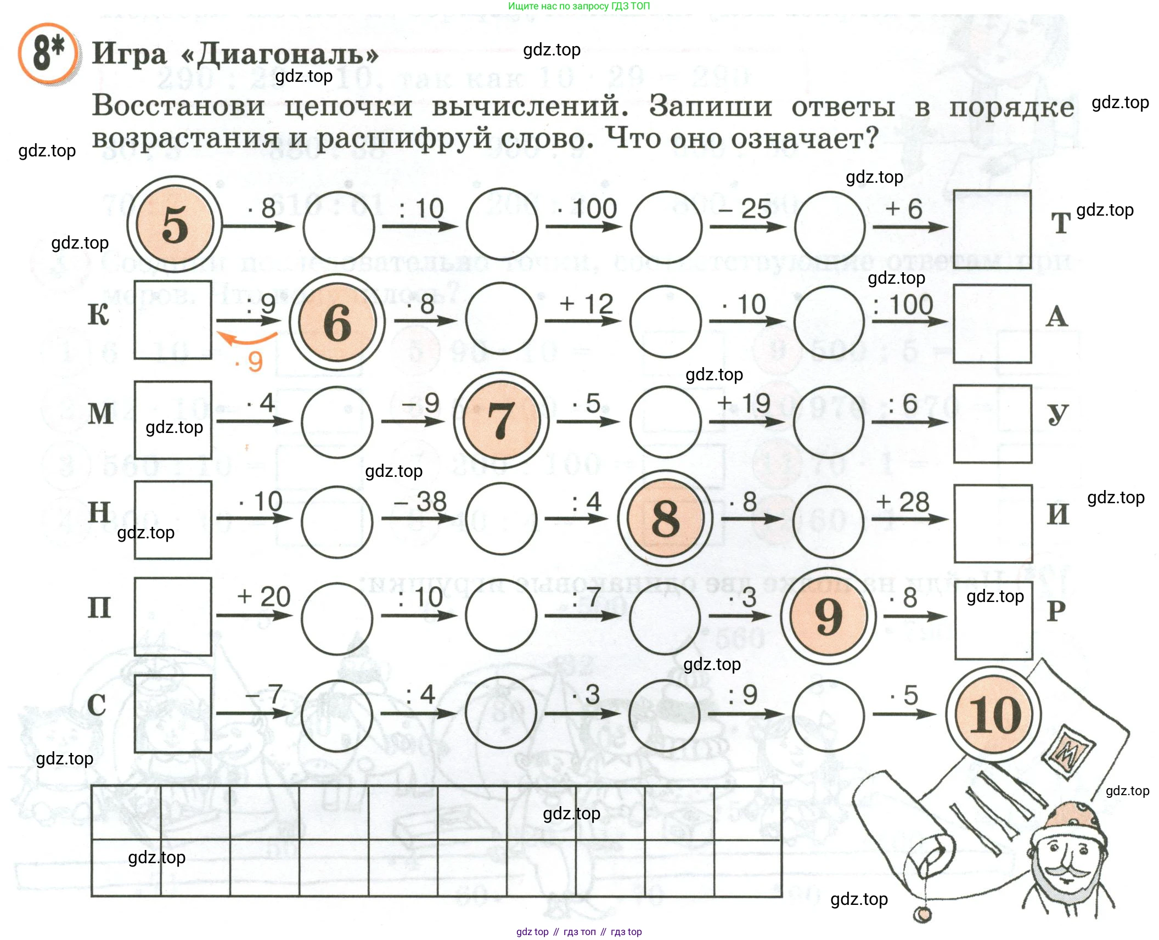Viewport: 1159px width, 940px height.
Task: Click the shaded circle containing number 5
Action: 175,224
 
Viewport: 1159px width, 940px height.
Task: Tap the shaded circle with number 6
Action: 337,323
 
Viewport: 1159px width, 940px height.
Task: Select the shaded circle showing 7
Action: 500,420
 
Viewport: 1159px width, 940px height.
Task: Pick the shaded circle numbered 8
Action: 665,518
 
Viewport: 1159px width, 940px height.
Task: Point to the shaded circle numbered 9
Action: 829,616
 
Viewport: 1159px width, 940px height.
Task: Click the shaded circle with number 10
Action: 993,714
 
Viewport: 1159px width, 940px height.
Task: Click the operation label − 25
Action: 745,209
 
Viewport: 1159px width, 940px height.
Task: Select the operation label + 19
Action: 744,403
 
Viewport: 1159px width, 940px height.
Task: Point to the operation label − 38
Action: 421,502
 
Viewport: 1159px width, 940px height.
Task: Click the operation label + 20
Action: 263,597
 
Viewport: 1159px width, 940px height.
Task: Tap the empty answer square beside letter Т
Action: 992,229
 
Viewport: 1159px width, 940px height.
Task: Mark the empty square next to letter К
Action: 173,320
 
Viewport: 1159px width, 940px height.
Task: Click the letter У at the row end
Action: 1057,414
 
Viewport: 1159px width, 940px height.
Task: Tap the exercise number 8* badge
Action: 48,53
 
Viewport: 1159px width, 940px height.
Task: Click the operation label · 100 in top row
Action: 587,209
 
